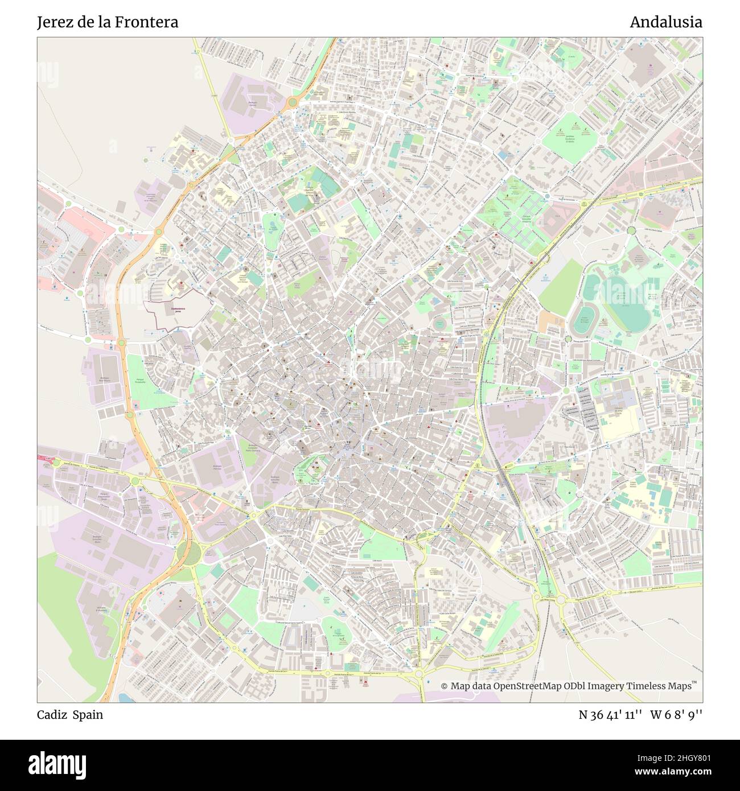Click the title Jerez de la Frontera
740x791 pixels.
click(x=108, y=22)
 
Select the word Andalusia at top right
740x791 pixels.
click(x=665, y=22)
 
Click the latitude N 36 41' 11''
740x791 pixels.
click(x=610, y=715)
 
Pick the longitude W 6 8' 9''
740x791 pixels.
click(x=677, y=715)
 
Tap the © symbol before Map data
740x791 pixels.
click(x=445, y=686)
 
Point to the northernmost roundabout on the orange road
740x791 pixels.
click(x=293, y=102)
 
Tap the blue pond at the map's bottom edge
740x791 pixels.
click(x=124, y=698)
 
